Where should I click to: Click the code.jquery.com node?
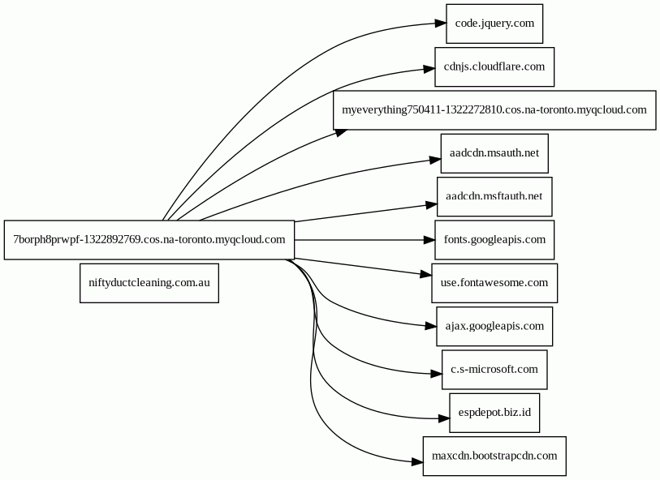(x=494, y=24)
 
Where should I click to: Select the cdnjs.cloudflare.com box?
(x=494, y=66)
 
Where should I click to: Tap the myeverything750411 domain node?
(x=494, y=110)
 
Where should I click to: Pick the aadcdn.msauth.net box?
(x=494, y=153)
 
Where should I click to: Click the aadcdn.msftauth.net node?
(x=494, y=197)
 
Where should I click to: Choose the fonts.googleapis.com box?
(x=494, y=240)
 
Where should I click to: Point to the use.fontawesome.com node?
(x=494, y=283)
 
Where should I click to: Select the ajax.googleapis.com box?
(x=494, y=327)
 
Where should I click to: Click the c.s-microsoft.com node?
(x=494, y=370)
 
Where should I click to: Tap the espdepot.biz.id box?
(x=494, y=414)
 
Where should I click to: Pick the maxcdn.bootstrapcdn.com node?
(x=494, y=456)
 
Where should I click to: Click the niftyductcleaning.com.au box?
(x=149, y=283)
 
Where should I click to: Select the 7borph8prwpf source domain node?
(x=149, y=240)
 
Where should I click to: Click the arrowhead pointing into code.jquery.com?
(x=440, y=24)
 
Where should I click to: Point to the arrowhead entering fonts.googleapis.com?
(x=429, y=240)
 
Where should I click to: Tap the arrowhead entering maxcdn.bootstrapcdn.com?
(x=417, y=461)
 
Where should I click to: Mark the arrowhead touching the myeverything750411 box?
(x=342, y=132)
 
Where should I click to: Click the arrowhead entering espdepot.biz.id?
(x=443, y=418)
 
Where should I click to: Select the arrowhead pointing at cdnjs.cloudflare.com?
(x=429, y=69)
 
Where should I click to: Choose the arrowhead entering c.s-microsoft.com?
(x=436, y=373)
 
